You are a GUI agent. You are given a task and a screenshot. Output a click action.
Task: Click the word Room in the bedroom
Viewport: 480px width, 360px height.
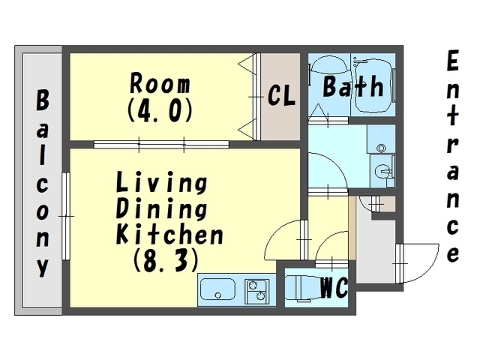(160, 83)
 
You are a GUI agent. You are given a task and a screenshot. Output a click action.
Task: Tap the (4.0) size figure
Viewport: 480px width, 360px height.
(160, 110)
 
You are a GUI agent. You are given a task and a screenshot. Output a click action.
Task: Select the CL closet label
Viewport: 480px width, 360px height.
(281, 95)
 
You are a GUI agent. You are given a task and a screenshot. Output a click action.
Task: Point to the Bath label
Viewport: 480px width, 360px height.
(353, 86)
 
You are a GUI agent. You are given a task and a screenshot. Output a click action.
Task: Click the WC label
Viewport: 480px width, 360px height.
(334, 287)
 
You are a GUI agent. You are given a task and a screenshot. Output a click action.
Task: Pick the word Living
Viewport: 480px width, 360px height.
(162, 183)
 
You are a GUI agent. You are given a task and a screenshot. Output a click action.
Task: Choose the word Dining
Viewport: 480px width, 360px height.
(162, 209)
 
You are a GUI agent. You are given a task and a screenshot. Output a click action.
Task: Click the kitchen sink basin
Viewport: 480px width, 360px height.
(217, 289)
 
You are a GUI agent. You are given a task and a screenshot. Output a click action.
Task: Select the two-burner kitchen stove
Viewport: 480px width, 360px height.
(256, 291)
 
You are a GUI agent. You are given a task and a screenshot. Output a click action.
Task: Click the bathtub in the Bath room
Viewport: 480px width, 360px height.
(373, 85)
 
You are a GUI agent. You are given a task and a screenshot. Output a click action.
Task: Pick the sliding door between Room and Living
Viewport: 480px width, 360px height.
(161, 144)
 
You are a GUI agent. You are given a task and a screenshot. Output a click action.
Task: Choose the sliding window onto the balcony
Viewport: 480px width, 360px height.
(66, 216)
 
